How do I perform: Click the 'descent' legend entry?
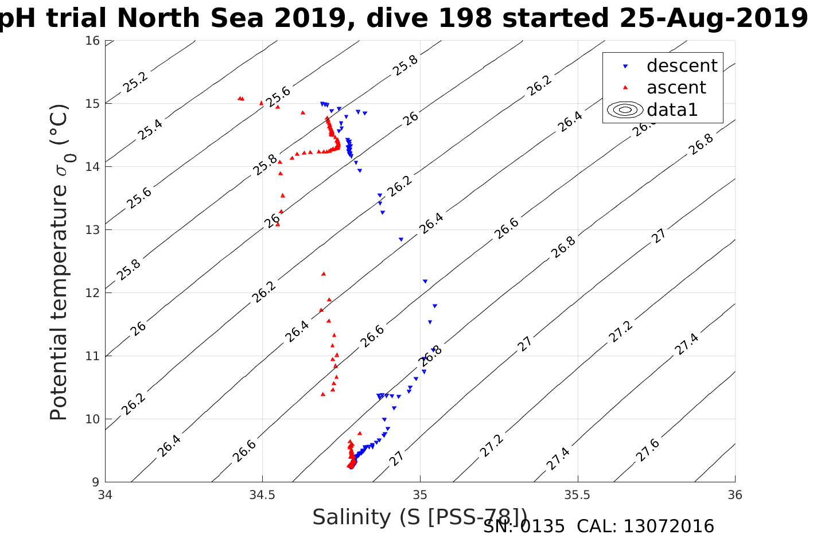682,66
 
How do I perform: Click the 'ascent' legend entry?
676,88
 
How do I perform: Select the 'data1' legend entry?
672,110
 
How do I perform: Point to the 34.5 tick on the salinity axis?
262,495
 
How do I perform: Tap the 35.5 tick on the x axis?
577,495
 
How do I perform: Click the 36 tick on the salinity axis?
734,495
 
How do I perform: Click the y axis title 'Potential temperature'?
59,262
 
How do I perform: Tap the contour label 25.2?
135,83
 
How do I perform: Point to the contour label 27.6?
648,450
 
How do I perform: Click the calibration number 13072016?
668,527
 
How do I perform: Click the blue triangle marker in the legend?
625,67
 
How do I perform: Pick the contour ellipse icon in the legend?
625,110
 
